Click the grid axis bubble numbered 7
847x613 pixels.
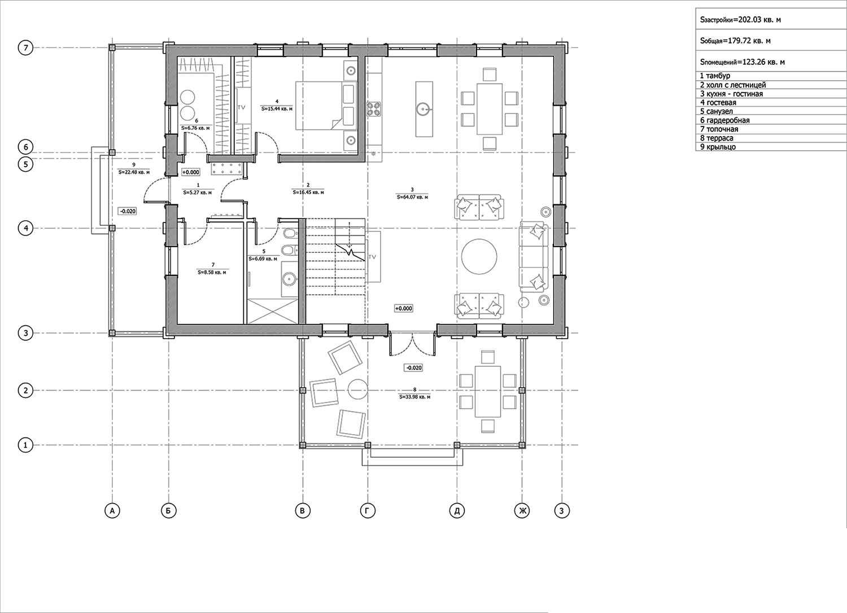(26, 48)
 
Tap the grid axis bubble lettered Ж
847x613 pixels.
(522, 511)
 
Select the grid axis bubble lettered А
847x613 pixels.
(112, 511)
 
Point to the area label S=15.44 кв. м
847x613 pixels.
(277, 108)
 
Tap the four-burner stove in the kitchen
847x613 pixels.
(373, 110)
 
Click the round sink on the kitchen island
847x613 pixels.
(423, 110)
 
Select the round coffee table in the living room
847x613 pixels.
(479, 256)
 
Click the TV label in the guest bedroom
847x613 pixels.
(241, 107)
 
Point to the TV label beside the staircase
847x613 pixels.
(372, 257)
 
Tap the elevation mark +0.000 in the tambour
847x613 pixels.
(191, 172)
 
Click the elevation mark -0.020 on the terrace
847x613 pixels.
(413, 367)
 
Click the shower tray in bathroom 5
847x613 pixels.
(272, 310)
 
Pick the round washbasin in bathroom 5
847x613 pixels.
(290, 280)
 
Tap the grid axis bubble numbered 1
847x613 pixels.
(26, 445)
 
